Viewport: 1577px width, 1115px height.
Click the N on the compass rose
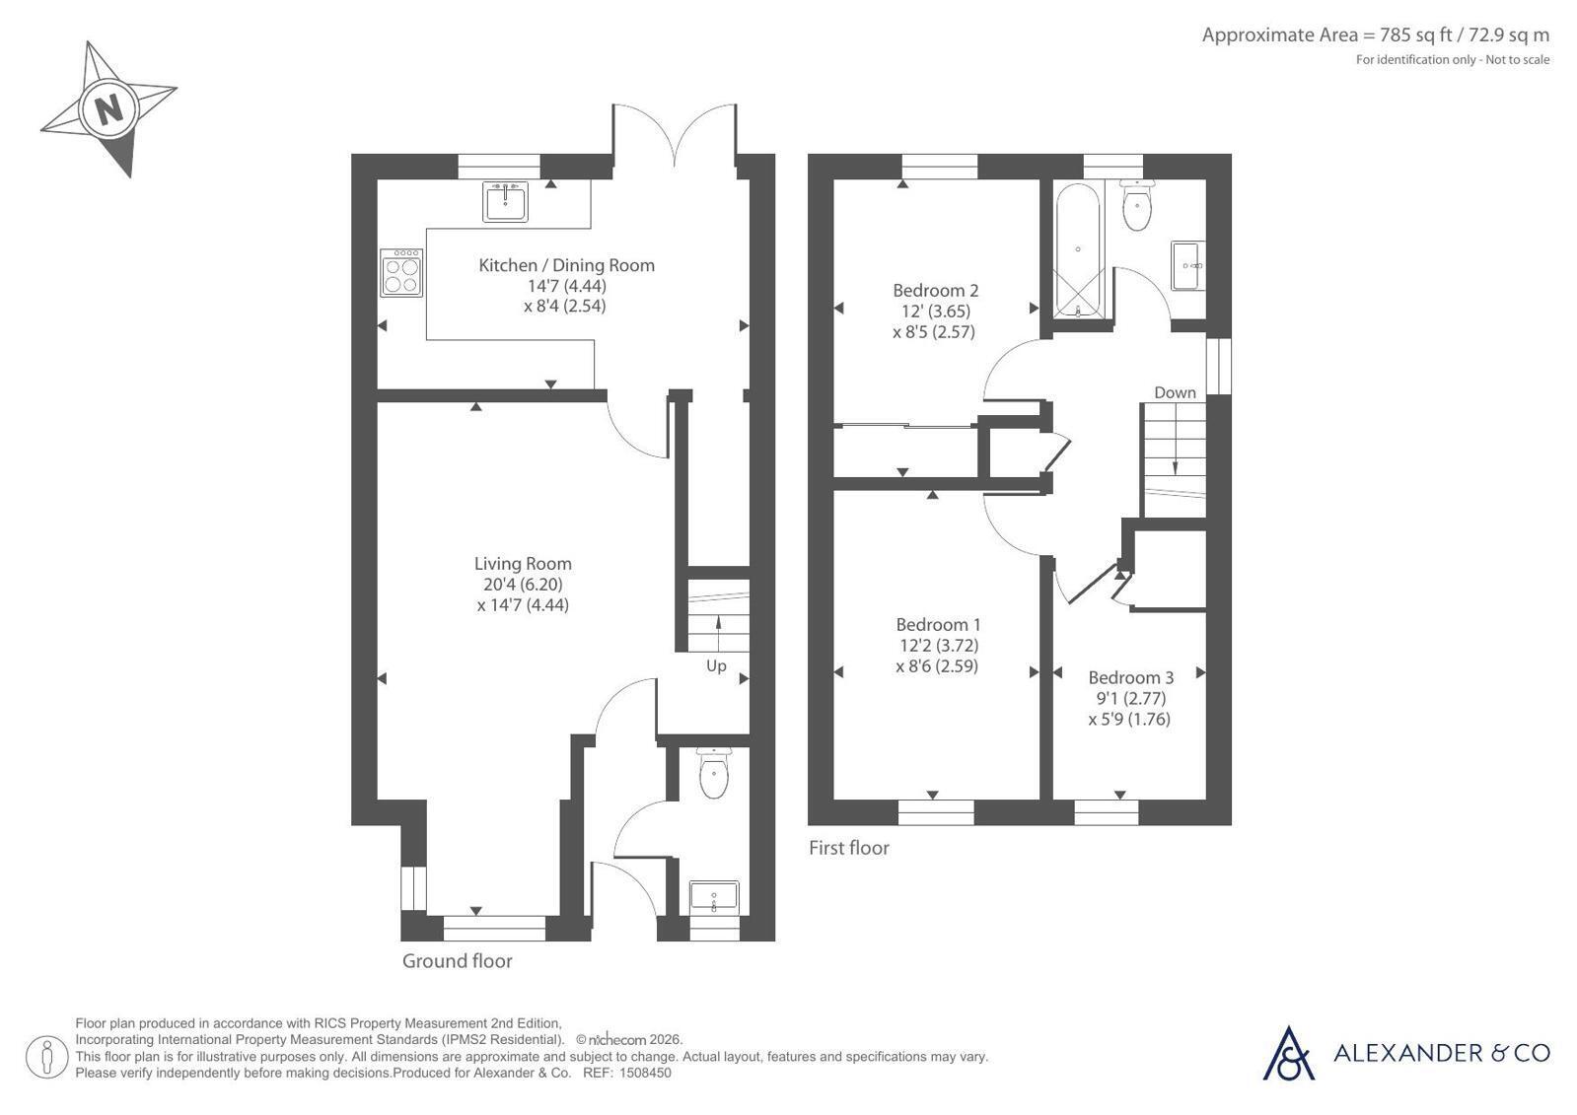tap(108, 110)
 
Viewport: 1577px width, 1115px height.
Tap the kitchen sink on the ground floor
tap(506, 201)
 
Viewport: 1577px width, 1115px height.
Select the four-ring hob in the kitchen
tap(401, 272)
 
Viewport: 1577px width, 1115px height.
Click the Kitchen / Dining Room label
tap(567, 265)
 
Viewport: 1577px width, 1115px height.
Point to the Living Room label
tap(523, 563)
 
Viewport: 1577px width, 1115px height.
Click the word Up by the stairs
tap(716, 665)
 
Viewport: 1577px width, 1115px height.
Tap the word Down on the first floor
tap(1175, 392)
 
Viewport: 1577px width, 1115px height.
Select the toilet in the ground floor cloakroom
tap(714, 773)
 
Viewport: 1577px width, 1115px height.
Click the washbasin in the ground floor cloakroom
tap(714, 897)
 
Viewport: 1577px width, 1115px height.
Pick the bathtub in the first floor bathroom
tap(1078, 250)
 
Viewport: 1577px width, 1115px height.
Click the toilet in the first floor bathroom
tap(1137, 205)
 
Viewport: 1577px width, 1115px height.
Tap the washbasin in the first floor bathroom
tap(1188, 265)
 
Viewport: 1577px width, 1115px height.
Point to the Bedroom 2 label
tap(936, 290)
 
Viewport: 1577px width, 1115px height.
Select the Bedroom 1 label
tap(939, 624)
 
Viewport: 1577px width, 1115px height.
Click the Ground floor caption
tap(457, 961)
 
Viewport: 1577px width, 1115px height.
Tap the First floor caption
tap(849, 848)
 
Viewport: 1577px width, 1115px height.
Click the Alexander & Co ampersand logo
tap(1288, 1054)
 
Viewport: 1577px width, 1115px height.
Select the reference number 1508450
tap(646, 1073)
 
